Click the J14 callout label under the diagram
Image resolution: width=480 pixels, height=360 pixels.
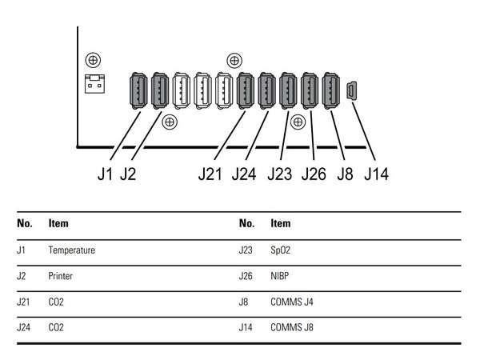(x=377, y=174)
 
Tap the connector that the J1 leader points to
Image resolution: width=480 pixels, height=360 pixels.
(x=138, y=90)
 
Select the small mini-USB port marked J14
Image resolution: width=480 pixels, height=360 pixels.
(x=352, y=90)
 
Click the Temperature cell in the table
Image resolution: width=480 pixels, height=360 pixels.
(x=72, y=250)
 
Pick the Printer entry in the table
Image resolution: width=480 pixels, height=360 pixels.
(x=60, y=276)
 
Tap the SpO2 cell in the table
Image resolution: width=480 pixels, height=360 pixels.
(x=280, y=250)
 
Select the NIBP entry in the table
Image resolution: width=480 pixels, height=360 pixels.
(x=279, y=276)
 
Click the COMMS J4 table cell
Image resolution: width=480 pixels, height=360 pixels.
(x=292, y=302)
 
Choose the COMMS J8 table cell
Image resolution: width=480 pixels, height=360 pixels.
(x=292, y=327)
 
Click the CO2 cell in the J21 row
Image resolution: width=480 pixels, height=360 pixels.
(x=56, y=302)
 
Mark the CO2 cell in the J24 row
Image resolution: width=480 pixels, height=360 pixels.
(x=56, y=327)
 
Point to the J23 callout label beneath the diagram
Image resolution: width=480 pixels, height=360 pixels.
(x=279, y=174)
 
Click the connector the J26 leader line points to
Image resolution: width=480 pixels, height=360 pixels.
(x=309, y=90)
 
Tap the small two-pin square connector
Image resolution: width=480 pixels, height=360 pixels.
(x=94, y=83)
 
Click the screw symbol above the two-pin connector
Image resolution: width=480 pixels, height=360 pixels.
(x=93, y=60)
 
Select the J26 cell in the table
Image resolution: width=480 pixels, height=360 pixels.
(x=246, y=276)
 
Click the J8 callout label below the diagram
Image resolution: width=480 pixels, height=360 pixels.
(x=345, y=174)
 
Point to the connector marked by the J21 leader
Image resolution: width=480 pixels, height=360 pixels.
(x=246, y=90)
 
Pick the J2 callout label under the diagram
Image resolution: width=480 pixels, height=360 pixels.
(x=128, y=174)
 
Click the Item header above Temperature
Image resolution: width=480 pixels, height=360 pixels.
(x=58, y=223)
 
